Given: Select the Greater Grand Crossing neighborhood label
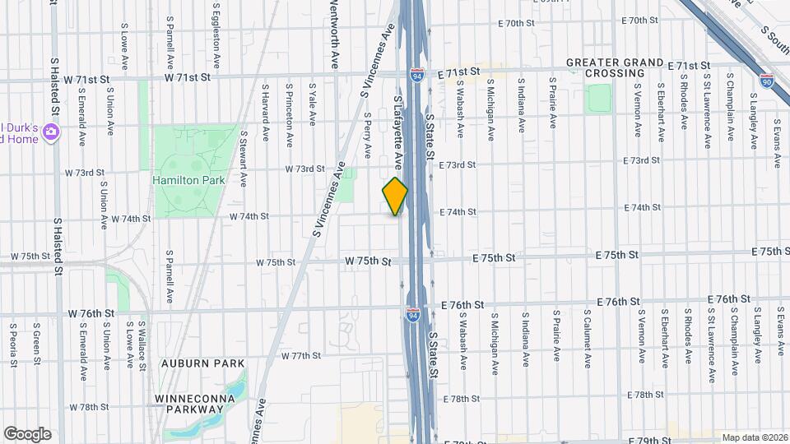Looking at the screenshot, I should [x=615, y=67].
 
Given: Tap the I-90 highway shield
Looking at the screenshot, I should [x=767, y=81].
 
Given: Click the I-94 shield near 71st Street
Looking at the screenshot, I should [x=418, y=75].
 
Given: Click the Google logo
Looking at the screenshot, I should [x=27, y=433].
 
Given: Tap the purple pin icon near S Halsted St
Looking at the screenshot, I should [x=51, y=132].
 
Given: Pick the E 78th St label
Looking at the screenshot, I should [x=461, y=399].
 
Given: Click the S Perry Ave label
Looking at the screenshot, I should [x=367, y=141].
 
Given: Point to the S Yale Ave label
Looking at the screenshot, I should [x=313, y=104].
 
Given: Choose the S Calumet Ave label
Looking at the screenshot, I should [x=588, y=338].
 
